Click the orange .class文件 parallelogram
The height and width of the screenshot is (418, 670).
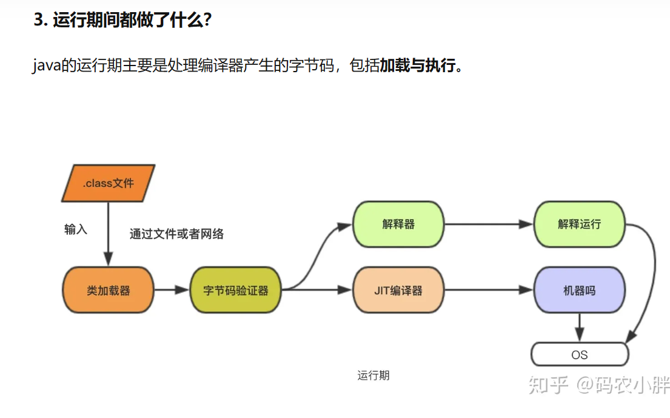click(108, 183)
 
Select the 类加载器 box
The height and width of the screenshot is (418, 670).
click(108, 290)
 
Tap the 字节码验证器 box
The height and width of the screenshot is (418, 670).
click(236, 290)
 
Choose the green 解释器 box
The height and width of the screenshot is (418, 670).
click(398, 224)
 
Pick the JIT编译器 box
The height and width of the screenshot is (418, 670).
click(398, 290)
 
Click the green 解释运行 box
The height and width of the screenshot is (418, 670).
click(579, 224)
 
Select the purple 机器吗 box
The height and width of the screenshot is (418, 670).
click(579, 290)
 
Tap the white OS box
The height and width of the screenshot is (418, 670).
click(579, 354)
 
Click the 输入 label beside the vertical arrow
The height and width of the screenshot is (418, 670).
click(76, 229)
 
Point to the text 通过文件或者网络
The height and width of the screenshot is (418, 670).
click(176, 234)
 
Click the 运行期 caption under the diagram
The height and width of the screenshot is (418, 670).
click(374, 376)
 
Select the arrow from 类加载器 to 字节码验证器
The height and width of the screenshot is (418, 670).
click(172, 290)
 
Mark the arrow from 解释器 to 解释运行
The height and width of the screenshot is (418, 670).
click(489, 224)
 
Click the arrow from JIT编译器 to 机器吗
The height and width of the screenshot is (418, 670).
click(489, 290)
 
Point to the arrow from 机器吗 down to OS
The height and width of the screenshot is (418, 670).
click(580, 328)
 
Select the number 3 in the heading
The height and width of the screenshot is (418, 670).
click(38, 20)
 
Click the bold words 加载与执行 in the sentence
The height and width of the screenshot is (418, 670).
click(418, 66)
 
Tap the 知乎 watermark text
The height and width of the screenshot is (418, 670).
click(548, 384)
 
